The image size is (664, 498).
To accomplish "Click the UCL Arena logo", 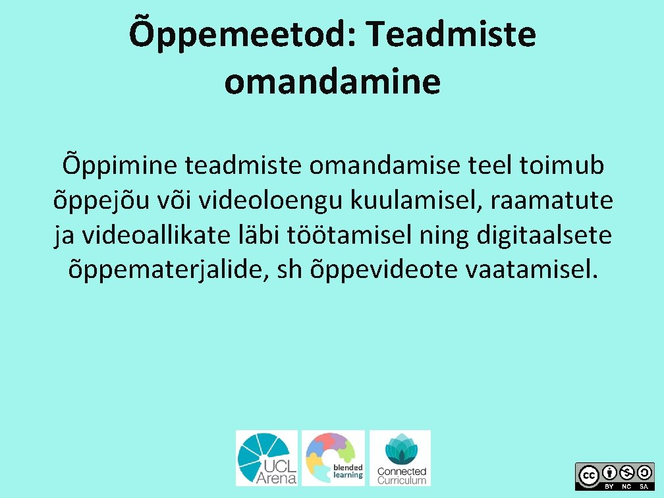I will click(267, 458).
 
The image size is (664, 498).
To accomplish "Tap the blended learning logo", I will click(333, 458).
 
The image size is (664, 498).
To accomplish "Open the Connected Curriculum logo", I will click(400, 458).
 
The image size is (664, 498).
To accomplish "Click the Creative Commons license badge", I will click(615, 476).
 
